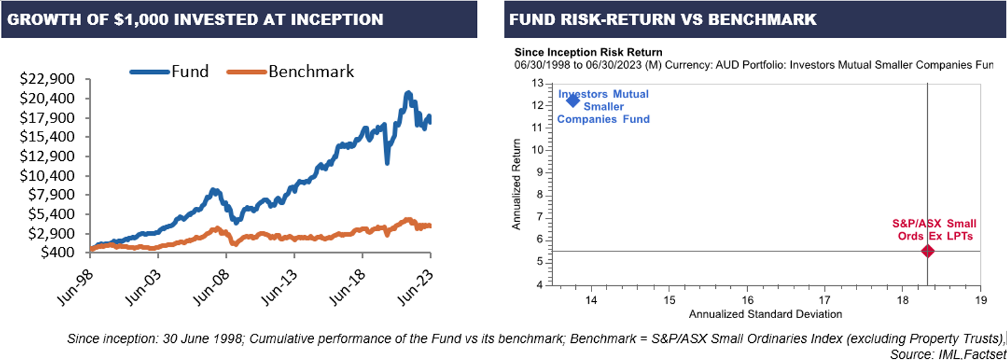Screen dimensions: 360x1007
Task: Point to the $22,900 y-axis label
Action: click(48, 79)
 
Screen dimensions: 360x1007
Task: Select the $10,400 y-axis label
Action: click(48, 175)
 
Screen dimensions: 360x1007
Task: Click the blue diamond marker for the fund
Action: click(573, 99)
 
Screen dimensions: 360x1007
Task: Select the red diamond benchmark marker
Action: click(927, 251)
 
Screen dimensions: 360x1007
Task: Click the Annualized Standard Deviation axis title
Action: click(765, 314)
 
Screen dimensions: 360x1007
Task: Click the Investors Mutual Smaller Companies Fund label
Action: click(603, 106)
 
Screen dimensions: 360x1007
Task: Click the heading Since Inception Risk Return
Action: click(588, 52)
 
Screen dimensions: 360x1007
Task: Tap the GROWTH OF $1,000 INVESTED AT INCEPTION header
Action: click(194, 19)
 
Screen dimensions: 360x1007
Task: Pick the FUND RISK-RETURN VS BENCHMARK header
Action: click(662, 19)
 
